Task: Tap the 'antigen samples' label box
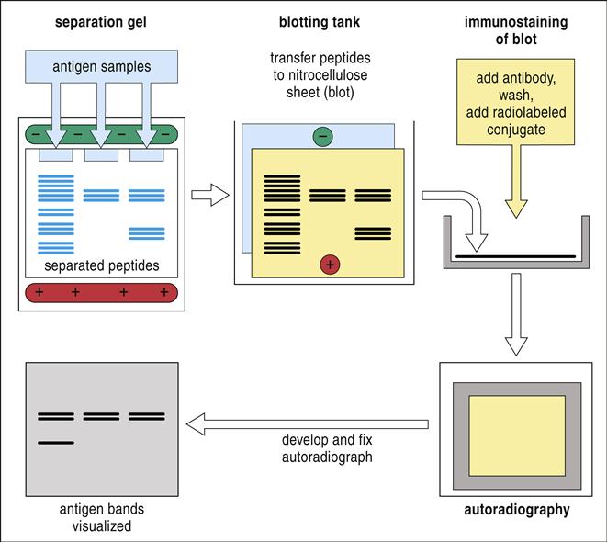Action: coord(101,64)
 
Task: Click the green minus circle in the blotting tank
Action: coord(322,137)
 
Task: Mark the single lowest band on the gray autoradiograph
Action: coord(56,443)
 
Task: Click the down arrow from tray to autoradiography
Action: coord(517,317)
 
